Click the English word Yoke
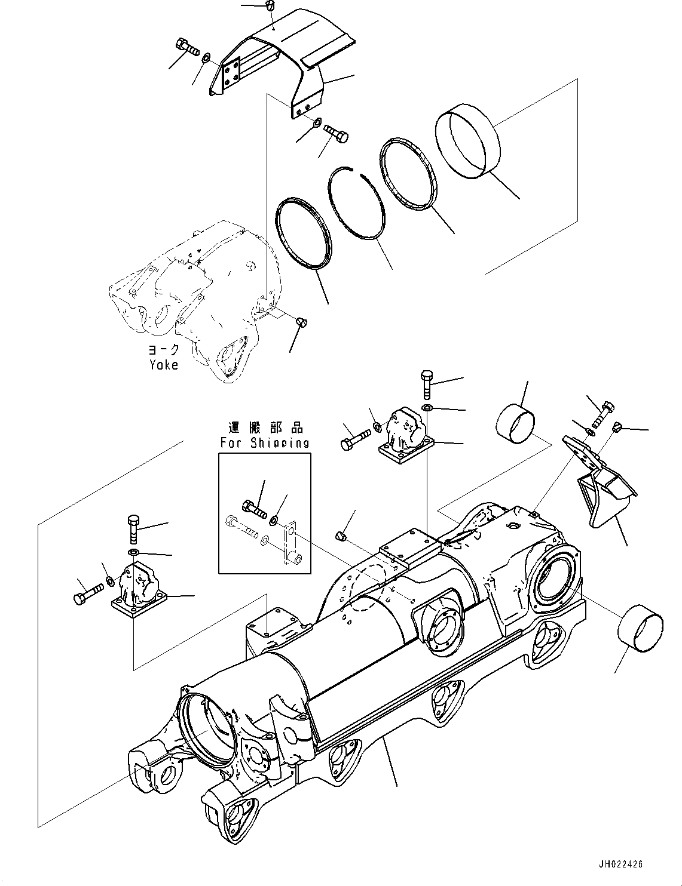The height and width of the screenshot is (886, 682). pos(163,364)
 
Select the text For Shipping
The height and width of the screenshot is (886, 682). pos(265,443)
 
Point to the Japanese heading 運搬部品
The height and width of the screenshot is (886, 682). pos(265,428)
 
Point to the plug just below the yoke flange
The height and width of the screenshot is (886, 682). pos(301,322)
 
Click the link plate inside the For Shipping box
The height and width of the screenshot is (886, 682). pos(292,544)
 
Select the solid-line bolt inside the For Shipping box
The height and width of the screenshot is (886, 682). pos(254,508)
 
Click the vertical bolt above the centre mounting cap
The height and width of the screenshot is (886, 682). pos(426,384)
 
